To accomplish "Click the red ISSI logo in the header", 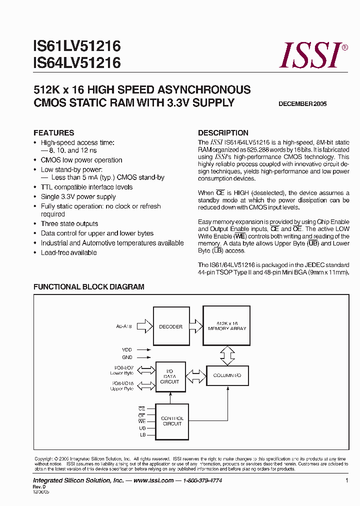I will [x=312, y=55].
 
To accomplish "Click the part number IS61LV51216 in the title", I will [x=77, y=47].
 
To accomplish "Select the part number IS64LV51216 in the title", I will [x=77, y=63].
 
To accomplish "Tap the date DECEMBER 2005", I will [x=302, y=104].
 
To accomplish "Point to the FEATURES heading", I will [x=53, y=133].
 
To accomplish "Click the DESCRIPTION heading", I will [x=223, y=133].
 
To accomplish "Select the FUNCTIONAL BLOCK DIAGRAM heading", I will [x=88, y=287].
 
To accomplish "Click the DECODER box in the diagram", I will [x=171, y=326].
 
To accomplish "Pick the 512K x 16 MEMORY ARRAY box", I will [x=226, y=325].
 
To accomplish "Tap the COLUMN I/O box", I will [x=227, y=375].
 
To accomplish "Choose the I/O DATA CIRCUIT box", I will [x=169, y=376].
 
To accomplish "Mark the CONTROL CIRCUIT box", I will [x=172, y=421].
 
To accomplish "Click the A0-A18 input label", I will [x=125, y=327].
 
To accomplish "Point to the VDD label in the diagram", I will [x=127, y=350].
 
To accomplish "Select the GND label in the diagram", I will [x=127, y=357].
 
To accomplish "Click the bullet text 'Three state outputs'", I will [x=69, y=224].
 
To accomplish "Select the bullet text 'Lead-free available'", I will [x=68, y=252].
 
